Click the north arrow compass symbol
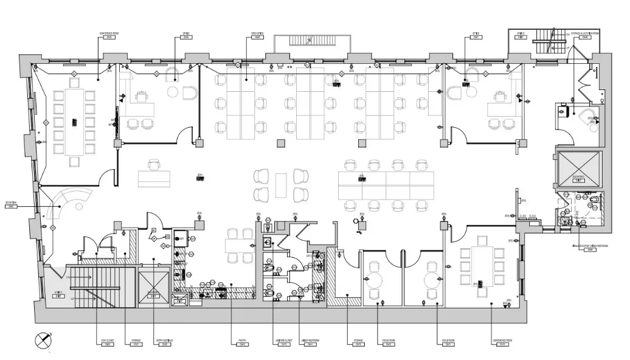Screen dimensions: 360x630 click(x=43, y=341)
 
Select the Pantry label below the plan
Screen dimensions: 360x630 click(x=242, y=342)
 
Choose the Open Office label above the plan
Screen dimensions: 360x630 click(x=256, y=35)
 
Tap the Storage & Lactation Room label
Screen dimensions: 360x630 click(x=585, y=35)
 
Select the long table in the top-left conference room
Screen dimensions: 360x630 click(x=74, y=120)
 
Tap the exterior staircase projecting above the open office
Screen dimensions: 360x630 click(x=313, y=43)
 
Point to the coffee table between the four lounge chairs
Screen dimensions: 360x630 click(x=280, y=185)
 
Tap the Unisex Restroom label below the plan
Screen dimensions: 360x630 click(x=310, y=342)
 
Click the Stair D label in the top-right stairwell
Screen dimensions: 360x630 click(x=521, y=35)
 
